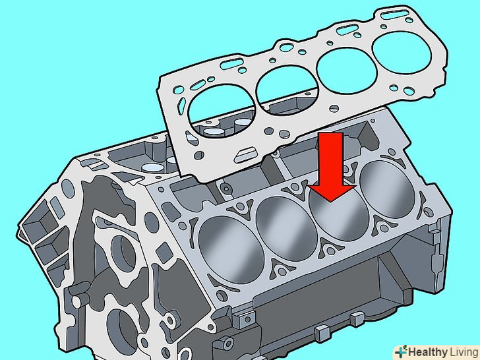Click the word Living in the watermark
click(x=464, y=352)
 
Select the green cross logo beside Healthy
click(x=401, y=351)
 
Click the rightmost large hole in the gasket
click(x=402, y=53)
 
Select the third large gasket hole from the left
click(x=347, y=71)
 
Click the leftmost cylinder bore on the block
click(x=231, y=250)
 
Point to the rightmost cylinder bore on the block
click(x=387, y=189)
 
